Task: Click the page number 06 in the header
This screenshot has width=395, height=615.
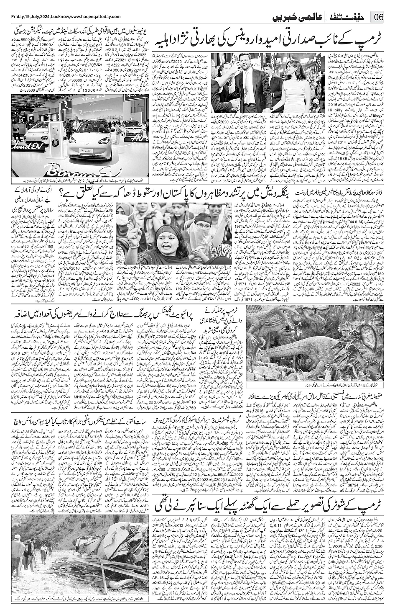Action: [x=379, y=17]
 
